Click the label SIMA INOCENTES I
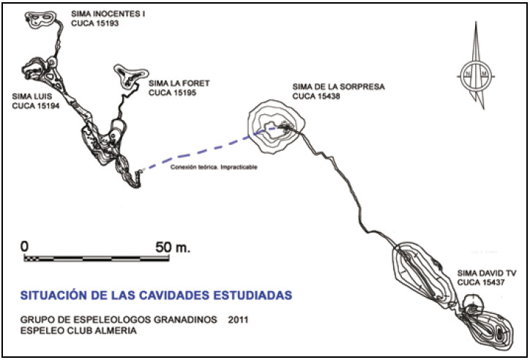pos(109,13)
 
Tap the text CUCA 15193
pos(94,23)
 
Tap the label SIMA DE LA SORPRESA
pos(338,86)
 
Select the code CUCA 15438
pos(316,96)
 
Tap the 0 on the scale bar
pos(25,247)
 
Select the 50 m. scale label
pos(173,247)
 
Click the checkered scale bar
pos(96,258)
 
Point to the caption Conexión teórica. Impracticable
pos(214,167)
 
